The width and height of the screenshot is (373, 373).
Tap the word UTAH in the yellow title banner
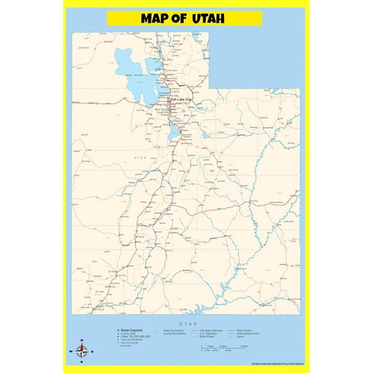click(208, 19)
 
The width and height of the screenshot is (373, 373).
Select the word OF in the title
click(181, 19)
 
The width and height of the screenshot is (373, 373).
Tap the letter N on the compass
click(81, 341)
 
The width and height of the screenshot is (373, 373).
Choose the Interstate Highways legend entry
click(211, 330)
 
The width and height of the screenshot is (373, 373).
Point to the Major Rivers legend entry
click(242, 330)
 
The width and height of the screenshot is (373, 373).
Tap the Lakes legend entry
click(241, 337)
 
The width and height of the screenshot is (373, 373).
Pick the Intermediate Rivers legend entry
click(249, 333)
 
